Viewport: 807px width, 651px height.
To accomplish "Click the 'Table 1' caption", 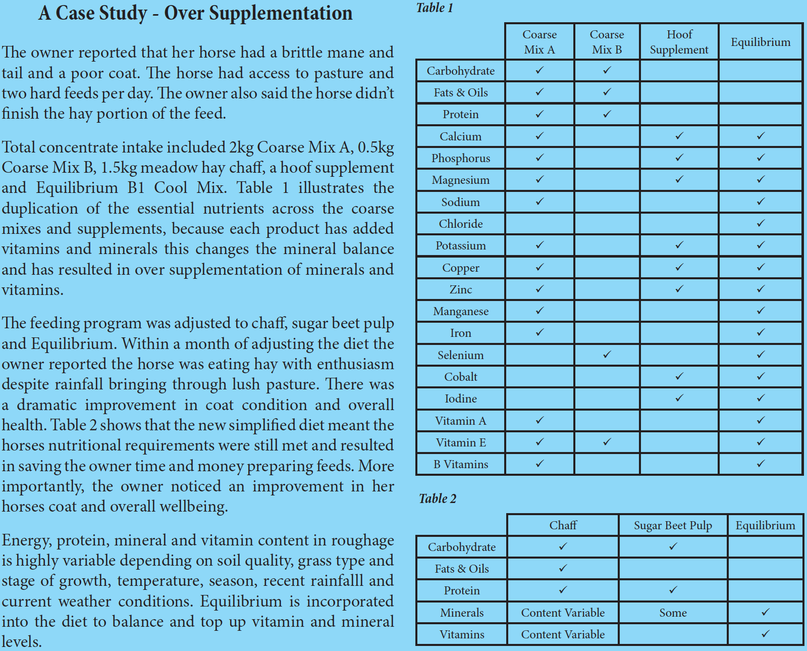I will point(435,8).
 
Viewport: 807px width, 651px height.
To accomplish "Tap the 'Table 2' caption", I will point(438,499).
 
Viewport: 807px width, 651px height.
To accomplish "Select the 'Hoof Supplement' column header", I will point(679,42).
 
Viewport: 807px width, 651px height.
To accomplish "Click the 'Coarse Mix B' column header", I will point(607,42).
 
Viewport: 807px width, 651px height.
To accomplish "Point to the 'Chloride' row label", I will point(461,224).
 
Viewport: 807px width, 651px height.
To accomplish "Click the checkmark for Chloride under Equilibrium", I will point(761,223).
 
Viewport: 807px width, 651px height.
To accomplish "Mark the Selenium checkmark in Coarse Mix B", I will point(607,355).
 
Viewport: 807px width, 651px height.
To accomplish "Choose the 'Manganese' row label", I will point(461,311).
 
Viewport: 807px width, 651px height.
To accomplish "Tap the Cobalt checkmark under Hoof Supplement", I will point(679,376).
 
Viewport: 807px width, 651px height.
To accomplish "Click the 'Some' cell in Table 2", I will point(673,613).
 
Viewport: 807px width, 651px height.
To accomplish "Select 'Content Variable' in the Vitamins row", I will point(563,634).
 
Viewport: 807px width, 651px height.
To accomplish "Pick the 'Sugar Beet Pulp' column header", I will point(673,525).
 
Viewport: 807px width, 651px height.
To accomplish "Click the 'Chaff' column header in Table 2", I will point(563,525).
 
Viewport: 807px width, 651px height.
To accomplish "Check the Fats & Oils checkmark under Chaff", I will point(563,568).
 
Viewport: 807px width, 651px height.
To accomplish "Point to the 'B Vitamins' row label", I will point(461,464).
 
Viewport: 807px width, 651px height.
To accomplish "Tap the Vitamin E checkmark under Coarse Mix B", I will point(607,442).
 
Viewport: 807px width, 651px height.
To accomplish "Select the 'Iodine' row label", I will point(461,398).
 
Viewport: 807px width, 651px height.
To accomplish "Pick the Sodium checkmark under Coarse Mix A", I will point(540,202).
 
